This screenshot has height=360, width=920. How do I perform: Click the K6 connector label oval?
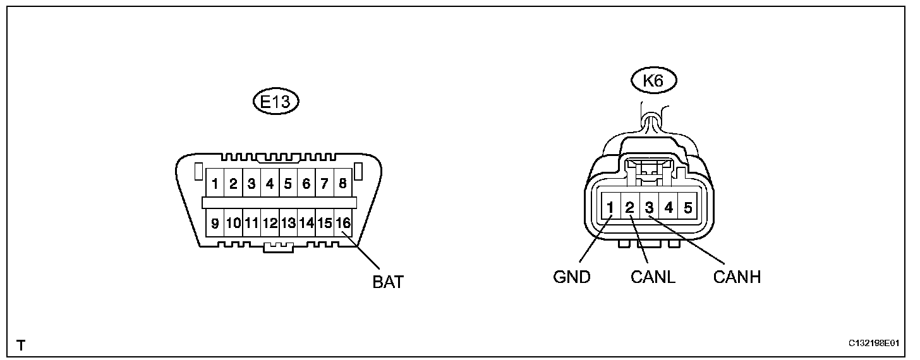tap(655, 81)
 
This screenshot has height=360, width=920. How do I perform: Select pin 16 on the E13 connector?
tap(342, 223)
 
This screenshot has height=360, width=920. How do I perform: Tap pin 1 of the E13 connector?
tap(215, 184)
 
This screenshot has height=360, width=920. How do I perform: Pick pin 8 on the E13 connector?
tap(342, 184)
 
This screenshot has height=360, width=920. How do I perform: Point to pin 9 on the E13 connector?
tap(215, 223)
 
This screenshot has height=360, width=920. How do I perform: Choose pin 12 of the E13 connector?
tap(270, 223)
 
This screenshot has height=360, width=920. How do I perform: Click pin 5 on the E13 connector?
tap(288, 184)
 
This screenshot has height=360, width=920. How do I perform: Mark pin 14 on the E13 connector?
tap(306, 223)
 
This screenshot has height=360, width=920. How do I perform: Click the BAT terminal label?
tap(388, 282)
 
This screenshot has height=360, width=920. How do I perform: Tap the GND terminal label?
tap(572, 277)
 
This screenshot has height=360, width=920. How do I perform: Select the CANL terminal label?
tap(653, 277)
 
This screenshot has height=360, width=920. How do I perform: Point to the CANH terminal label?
tap(737, 277)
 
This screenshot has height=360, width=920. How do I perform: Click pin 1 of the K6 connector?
tap(611, 207)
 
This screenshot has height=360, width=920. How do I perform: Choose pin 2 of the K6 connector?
tap(630, 207)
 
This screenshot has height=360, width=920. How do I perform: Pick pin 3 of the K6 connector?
tap(649, 207)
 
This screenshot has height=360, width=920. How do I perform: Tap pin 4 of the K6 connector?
tap(669, 207)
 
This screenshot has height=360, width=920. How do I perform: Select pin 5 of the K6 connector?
tap(687, 207)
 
